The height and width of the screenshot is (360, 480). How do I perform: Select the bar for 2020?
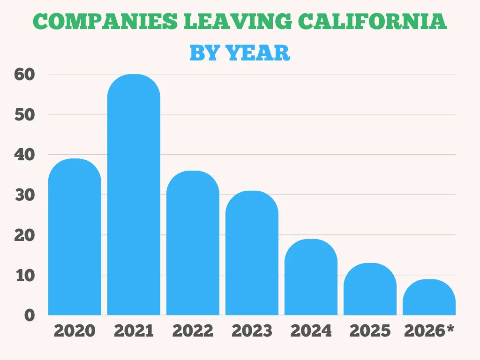(x=75, y=237)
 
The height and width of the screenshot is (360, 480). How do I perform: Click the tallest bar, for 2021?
(x=134, y=195)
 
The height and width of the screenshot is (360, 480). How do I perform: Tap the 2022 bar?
(x=193, y=243)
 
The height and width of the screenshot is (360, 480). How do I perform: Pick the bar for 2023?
(x=252, y=253)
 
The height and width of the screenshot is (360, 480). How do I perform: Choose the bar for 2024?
(x=311, y=277)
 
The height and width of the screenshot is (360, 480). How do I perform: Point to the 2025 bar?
(x=370, y=289)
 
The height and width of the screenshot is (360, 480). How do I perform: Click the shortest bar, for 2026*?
(x=429, y=297)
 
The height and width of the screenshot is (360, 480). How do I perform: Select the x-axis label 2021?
(x=134, y=331)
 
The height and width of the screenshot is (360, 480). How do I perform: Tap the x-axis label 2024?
(x=311, y=331)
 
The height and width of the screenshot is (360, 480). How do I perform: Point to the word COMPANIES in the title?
(x=105, y=21)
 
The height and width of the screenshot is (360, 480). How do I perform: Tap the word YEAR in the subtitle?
(x=258, y=52)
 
